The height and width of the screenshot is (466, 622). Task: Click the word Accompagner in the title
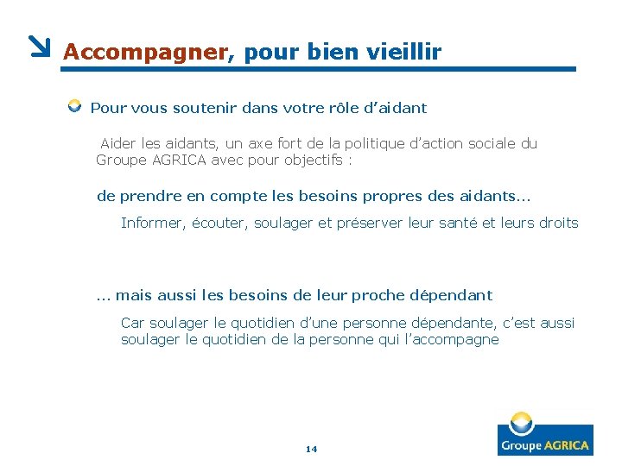pyautogui.click(x=145, y=53)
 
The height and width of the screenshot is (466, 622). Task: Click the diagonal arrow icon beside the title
pyautogui.click(x=40, y=47)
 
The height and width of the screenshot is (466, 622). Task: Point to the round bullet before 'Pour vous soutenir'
pyautogui.click(x=75, y=107)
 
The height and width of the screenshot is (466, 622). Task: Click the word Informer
pyautogui.click(x=153, y=224)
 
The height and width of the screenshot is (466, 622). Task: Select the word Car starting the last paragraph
pyautogui.click(x=133, y=323)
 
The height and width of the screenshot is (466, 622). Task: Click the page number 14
pyautogui.click(x=312, y=449)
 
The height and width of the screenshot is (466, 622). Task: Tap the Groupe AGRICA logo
pyautogui.click(x=544, y=435)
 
